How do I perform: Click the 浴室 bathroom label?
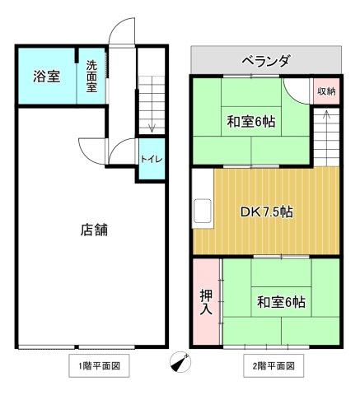pos(47,77)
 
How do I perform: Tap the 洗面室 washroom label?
pos(91,77)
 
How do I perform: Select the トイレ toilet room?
pos(152,159)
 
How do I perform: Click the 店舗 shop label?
pos(94,230)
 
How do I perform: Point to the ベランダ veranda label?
pos(265,61)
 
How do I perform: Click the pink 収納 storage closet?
pos(326,91)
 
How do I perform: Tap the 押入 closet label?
pos(206,302)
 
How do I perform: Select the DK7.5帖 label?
pos(266,212)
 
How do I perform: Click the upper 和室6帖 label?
pos(251,122)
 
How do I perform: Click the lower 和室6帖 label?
pos(281,302)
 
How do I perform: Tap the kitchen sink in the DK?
pos(203,211)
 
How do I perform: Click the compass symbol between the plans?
pos(180,362)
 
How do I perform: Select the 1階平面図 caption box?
pos(99,365)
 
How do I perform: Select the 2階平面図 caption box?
pos(274,365)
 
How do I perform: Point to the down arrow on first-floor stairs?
pos(152,128)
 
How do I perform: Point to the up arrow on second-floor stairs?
pos(326,114)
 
